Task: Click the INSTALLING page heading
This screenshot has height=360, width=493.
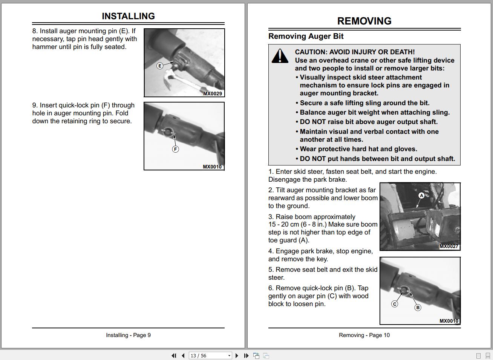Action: click(128, 16)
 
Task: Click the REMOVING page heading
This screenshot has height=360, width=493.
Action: click(364, 21)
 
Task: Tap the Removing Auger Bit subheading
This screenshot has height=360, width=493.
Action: click(306, 37)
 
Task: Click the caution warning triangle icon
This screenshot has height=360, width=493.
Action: click(280, 56)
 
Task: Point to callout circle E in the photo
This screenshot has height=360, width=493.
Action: click(160, 66)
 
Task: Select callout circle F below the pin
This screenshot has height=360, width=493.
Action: click(175, 149)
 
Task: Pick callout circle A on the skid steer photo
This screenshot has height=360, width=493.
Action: click(421, 196)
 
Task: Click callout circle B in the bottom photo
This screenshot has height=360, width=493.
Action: click(418, 308)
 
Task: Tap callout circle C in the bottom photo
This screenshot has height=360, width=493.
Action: click(395, 304)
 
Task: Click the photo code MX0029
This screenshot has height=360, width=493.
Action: click(213, 93)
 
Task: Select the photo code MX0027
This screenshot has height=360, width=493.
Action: click(449, 247)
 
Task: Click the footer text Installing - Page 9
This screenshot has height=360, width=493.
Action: click(128, 335)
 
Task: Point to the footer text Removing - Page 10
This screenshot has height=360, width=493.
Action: click(364, 335)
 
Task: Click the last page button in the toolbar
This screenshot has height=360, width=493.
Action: click(246, 355)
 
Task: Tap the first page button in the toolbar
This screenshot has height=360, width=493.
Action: click(174, 355)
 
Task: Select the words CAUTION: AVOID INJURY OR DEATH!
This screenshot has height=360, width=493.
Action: click(355, 52)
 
